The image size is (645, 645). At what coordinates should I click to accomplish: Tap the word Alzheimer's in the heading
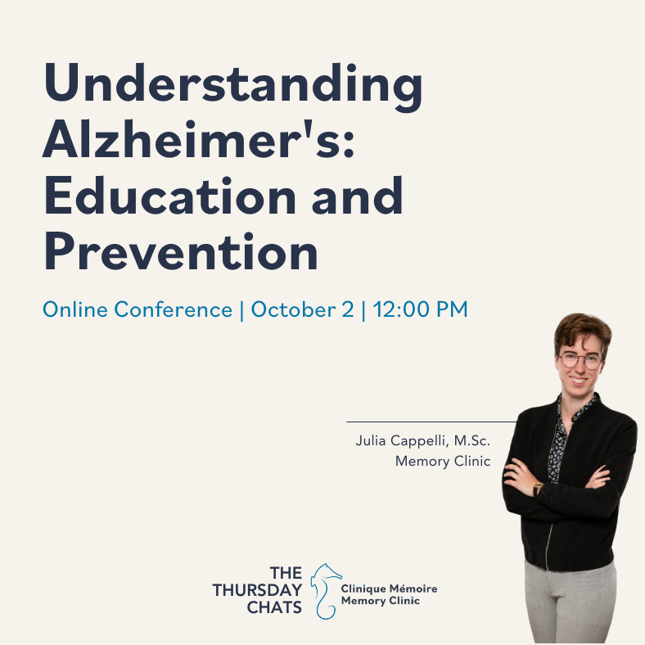click(x=198, y=138)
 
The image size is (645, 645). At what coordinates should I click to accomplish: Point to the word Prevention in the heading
click(x=181, y=251)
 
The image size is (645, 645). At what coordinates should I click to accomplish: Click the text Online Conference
click(x=138, y=309)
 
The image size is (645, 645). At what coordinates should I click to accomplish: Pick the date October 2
click(x=302, y=309)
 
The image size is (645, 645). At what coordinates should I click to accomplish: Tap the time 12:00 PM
click(x=421, y=309)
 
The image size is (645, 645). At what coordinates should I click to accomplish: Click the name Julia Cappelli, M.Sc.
click(x=423, y=440)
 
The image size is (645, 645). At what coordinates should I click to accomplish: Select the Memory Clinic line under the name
click(x=443, y=461)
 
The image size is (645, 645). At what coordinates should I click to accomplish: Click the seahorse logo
click(x=326, y=591)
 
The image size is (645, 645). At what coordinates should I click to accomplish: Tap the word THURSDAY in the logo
click(x=257, y=590)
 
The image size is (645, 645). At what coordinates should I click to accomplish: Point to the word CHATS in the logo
click(x=274, y=607)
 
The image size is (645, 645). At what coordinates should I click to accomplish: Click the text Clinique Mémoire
click(x=389, y=589)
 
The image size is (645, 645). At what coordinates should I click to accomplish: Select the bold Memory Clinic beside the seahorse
click(x=381, y=601)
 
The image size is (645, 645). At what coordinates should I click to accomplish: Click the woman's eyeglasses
click(x=580, y=360)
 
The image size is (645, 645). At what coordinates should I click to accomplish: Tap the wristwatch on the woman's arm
click(x=537, y=489)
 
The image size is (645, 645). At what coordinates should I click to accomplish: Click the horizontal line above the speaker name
click(x=431, y=422)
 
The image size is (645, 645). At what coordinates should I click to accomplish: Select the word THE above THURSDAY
click(x=286, y=573)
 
